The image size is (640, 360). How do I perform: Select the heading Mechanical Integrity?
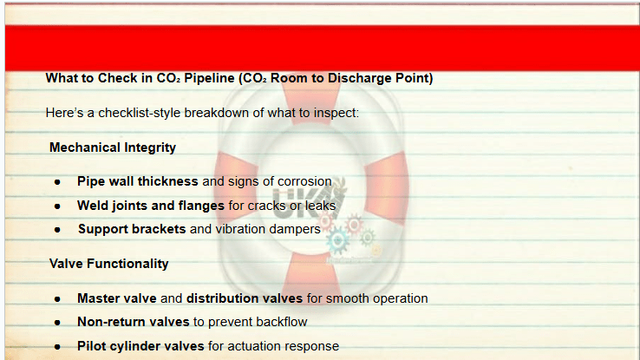pos(113,147)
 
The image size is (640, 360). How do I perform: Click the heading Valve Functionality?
pos(109,264)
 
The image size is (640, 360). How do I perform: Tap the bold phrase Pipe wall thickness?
pos(138,181)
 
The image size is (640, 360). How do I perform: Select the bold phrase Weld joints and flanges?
pos(151,206)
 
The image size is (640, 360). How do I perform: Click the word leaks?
pos(320,206)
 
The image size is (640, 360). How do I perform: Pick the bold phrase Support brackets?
pos(132,229)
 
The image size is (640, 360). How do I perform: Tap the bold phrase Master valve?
pos(117,298)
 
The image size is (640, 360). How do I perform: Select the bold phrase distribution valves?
pos(245,298)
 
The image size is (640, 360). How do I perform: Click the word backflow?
pos(282,322)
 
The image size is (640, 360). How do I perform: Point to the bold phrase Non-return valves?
pos(133,322)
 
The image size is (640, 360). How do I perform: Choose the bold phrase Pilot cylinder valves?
pos(140,346)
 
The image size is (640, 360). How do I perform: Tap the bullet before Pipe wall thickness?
pos(57,182)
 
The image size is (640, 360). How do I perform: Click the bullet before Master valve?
pos(57,299)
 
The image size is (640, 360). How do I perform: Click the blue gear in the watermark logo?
pos(338,240)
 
